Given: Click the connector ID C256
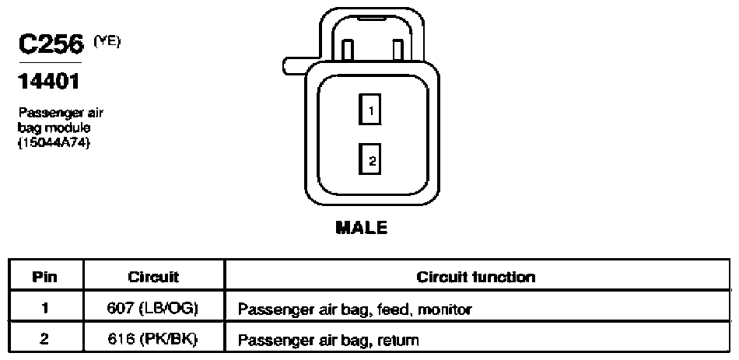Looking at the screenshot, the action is coord(51,45).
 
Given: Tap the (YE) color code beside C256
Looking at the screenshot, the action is coord(107,41).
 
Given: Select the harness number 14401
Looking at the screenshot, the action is coord(49,82).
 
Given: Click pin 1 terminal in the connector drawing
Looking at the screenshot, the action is coord(370,110).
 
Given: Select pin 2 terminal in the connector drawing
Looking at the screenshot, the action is coord(370,159).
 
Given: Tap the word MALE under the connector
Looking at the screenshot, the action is coord(362,228).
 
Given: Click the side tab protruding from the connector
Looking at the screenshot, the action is coord(295,65).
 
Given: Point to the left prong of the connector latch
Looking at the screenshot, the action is coord(348,51).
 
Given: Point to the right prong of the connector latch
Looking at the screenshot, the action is coord(398,51).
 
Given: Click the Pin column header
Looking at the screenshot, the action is coord(45,277).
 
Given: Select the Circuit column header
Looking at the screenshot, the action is coord(153,277).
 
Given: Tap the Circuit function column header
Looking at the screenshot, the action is coord(476,277).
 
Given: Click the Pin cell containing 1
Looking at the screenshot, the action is coord(45,309).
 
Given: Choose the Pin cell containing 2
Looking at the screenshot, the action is coord(45,338).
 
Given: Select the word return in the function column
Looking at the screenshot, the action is coord(400,339).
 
